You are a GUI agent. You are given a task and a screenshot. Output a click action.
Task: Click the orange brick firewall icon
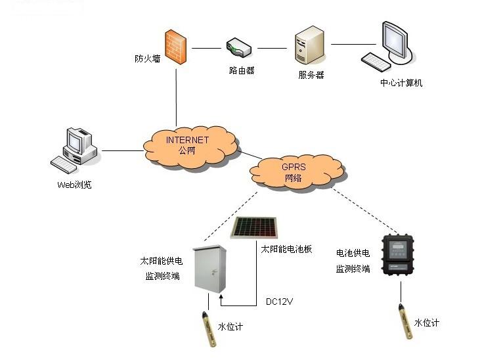pos(175,47)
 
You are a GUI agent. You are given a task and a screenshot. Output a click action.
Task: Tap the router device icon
pos(239,48)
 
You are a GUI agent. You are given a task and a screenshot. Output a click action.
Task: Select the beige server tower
pos(309,45)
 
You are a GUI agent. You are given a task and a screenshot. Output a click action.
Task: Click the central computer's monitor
pos(397,41)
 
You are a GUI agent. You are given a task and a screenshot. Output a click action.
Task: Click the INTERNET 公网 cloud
pos(190,146)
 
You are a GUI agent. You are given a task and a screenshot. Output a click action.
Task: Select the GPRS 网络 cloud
pos(297,172)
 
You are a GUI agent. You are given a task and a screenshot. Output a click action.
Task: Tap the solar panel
pos(255,228)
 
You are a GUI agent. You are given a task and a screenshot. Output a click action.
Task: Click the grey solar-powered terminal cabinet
pos(209,269)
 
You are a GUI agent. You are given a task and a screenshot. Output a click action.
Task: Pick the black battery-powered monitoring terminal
pos(397,254)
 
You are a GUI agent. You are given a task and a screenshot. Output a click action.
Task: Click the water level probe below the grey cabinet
pos(209,329)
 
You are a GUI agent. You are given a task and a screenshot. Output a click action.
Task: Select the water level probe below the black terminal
pos(405,321)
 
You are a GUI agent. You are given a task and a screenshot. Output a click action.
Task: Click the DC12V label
pos(279,302)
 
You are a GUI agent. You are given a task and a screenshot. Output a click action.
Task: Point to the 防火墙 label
pos(148,58)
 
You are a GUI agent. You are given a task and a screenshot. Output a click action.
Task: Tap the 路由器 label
pos(242,70)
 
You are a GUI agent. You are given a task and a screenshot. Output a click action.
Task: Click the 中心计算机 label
pos(401,83)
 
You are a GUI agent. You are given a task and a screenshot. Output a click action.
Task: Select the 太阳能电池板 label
pos(286,249)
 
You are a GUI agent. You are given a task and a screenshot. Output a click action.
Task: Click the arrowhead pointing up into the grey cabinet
pos(221,298)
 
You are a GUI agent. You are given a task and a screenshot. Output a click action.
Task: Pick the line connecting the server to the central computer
pos(353,44)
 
